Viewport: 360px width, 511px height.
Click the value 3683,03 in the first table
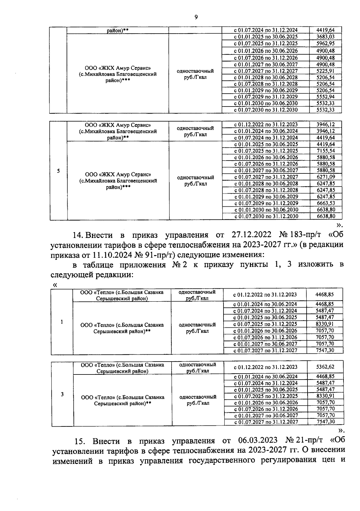(325, 37)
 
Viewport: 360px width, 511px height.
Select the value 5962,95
(325, 44)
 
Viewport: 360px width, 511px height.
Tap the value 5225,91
(325, 71)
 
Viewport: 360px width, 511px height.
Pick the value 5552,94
(325, 97)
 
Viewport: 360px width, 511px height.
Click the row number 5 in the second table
(58, 171)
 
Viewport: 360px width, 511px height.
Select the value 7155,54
(326, 151)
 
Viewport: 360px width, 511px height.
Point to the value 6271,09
(326, 177)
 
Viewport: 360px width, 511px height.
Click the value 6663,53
(326, 203)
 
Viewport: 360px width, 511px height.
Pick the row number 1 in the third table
(62, 322)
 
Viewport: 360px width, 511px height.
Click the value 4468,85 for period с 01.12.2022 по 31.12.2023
(324, 295)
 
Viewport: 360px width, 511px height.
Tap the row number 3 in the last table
(62, 394)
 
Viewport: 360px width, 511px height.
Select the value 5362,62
(325, 367)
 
